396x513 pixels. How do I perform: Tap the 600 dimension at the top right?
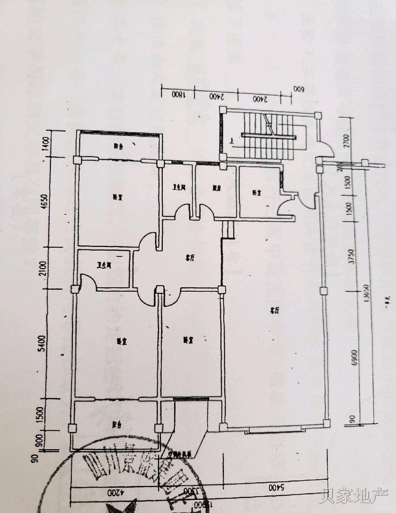tap(297, 89)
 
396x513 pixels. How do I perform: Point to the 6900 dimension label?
tap(354, 356)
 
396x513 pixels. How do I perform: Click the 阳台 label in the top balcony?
tap(118, 146)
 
